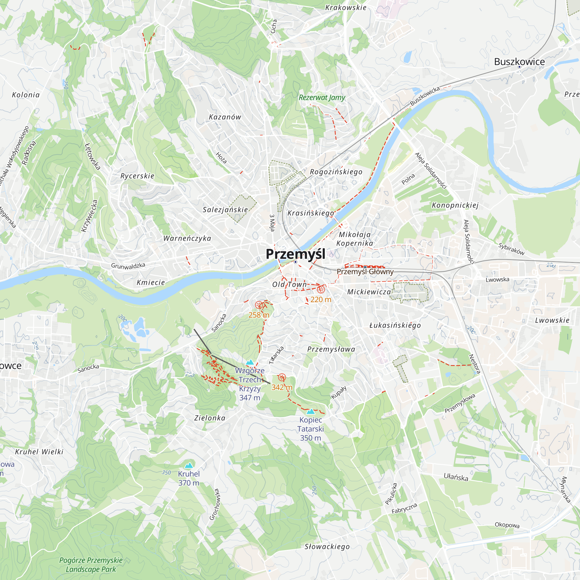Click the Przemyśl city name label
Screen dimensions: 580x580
[296, 254]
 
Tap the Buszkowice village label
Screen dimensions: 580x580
[519, 62]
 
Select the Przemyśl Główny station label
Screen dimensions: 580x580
[365, 272]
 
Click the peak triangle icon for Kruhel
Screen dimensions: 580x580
[188, 466]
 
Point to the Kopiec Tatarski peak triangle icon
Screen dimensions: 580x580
[311, 412]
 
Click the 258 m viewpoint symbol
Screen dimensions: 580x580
[258, 305]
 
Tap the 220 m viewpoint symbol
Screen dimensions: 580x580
[321, 290]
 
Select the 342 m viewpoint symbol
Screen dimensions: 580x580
[282, 377]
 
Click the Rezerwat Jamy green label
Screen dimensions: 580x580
[322, 97]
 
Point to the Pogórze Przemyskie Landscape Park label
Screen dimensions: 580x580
[91, 565]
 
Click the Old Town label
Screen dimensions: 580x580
[289, 284]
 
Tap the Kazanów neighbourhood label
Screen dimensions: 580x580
[225, 117]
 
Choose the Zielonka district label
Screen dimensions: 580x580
[210, 418]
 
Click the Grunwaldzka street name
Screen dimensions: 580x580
[128, 266]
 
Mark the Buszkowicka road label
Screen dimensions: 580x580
[425, 96]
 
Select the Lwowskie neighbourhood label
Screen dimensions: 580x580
[552, 320]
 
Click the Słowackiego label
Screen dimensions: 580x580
[327, 547]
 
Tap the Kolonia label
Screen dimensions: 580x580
[26, 95]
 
